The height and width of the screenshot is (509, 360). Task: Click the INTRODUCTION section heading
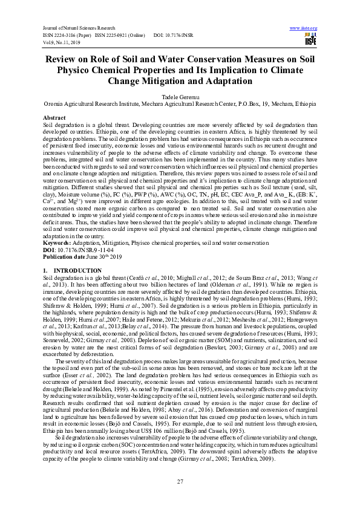[x=61, y=269]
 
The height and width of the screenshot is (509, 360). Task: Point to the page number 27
[x=180, y=481]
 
